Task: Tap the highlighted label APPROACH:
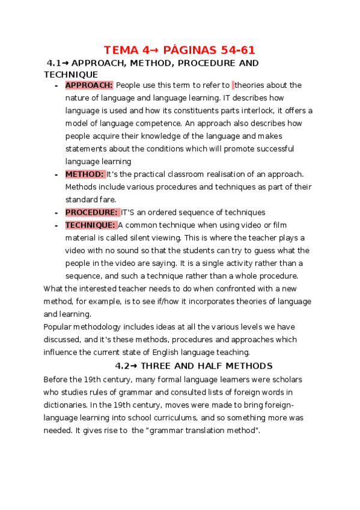click(89, 85)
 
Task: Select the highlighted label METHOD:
click(85, 174)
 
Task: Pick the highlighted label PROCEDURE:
click(91, 212)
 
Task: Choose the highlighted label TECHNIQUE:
click(90, 225)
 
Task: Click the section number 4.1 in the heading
click(55, 63)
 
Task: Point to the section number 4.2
click(123, 366)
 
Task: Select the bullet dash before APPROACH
click(55, 86)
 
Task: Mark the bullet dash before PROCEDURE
click(55, 213)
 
